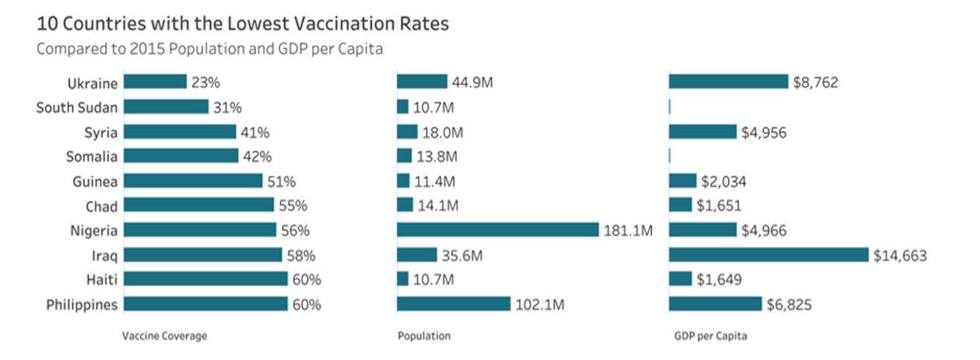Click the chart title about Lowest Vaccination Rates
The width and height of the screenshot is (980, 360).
click(x=243, y=24)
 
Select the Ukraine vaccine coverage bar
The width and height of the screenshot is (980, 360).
click(x=155, y=82)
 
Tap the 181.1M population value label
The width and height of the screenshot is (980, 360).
click(x=628, y=231)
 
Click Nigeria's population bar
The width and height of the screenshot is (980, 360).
click(x=497, y=230)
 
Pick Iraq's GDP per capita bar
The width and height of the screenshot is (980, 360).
click(x=768, y=255)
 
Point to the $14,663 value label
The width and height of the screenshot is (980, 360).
click(x=900, y=255)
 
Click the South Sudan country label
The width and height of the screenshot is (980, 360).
click(x=77, y=108)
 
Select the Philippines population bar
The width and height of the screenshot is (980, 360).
click(x=453, y=304)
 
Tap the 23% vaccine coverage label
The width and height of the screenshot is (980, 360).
click(x=205, y=83)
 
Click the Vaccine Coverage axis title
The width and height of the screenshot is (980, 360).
click(x=164, y=336)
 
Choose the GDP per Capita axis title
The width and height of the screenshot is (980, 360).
click(x=710, y=336)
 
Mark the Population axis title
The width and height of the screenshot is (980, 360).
click(x=424, y=336)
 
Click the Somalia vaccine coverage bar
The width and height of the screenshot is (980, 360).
click(x=181, y=156)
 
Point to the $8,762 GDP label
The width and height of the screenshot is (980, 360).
click(x=815, y=83)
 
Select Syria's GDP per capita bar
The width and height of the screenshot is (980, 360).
click(x=703, y=132)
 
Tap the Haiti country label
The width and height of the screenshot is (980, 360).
click(x=102, y=280)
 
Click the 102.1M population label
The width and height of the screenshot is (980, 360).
click(x=539, y=305)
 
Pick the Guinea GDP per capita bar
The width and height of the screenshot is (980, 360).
click(x=682, y=181)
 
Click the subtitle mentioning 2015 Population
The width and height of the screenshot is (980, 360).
click(x=209, y=49)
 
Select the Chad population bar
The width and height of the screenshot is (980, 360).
click(x=405, y=205)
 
